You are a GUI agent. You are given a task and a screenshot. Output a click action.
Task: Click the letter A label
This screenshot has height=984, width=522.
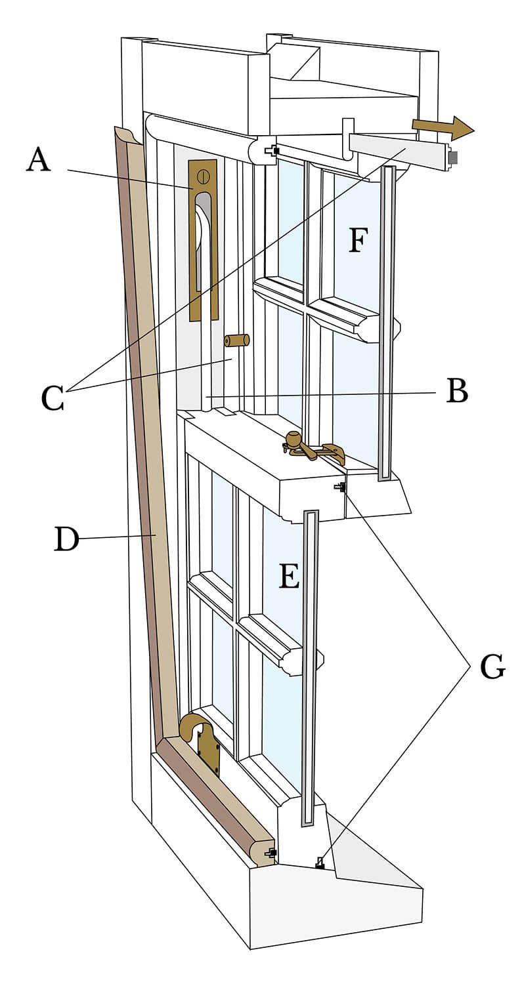click(38, 160)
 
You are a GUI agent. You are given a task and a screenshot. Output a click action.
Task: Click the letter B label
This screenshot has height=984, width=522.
click(457, 391)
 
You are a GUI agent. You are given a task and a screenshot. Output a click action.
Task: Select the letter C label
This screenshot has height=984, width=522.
click(53, 398)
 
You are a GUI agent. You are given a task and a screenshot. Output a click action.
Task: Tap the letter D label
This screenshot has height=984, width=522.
click(66, 539)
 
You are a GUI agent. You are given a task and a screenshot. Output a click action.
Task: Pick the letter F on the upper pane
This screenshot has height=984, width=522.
click(357, 240)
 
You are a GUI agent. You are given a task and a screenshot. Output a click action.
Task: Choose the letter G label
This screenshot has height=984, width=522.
click(492, 666)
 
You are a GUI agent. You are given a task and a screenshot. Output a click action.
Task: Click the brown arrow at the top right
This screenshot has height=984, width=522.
click(443, 127)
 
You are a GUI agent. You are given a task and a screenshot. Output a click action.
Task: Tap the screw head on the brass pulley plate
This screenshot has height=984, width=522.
click(202, 175)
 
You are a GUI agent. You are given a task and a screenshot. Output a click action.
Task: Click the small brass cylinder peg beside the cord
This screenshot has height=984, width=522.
click(236, 340)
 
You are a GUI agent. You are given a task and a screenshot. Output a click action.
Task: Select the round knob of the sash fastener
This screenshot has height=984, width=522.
click(293, 439)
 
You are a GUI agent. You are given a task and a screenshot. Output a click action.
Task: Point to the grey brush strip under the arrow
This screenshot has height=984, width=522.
click(452, 158)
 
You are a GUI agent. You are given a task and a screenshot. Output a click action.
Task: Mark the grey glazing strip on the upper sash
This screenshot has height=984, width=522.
click(387, 321)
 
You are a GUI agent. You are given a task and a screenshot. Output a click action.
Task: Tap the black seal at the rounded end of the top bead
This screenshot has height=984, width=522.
click(272, 151)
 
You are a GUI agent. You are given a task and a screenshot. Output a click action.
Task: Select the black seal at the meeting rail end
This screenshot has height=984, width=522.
click(340, 487)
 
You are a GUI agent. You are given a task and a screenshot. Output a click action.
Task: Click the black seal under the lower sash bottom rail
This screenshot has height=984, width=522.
click(320, 863)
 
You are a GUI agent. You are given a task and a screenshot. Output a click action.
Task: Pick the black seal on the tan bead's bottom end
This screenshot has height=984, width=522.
click(271, 853)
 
